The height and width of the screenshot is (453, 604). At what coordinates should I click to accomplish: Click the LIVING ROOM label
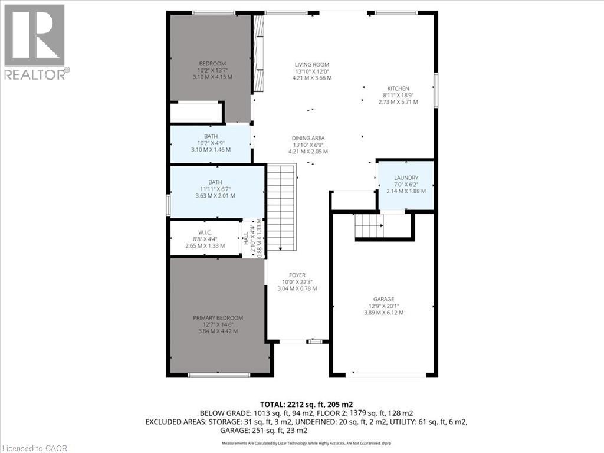pos(312,65)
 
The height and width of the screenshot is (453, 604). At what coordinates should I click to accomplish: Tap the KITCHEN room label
pos(398,88)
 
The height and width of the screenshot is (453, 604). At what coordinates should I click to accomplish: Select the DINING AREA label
pos(308,139)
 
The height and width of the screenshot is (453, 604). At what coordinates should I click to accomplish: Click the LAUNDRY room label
pos(406,178)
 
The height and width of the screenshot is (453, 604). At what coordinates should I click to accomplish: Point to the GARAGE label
pos(383,299)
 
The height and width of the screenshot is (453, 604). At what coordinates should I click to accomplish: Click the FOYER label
pos(297,275)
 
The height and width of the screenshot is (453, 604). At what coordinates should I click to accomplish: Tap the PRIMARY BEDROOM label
pos(218,318)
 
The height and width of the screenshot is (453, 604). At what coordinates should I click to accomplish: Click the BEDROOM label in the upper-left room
pos(212,64)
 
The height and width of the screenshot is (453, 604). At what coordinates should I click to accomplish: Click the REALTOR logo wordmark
pos(37,74)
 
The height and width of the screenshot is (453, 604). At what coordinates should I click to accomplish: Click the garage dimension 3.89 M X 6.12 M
pos(383,313)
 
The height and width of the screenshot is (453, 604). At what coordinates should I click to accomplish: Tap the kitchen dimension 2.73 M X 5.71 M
pos(398,102)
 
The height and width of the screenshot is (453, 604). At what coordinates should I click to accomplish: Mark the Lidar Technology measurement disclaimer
pos(302,442)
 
